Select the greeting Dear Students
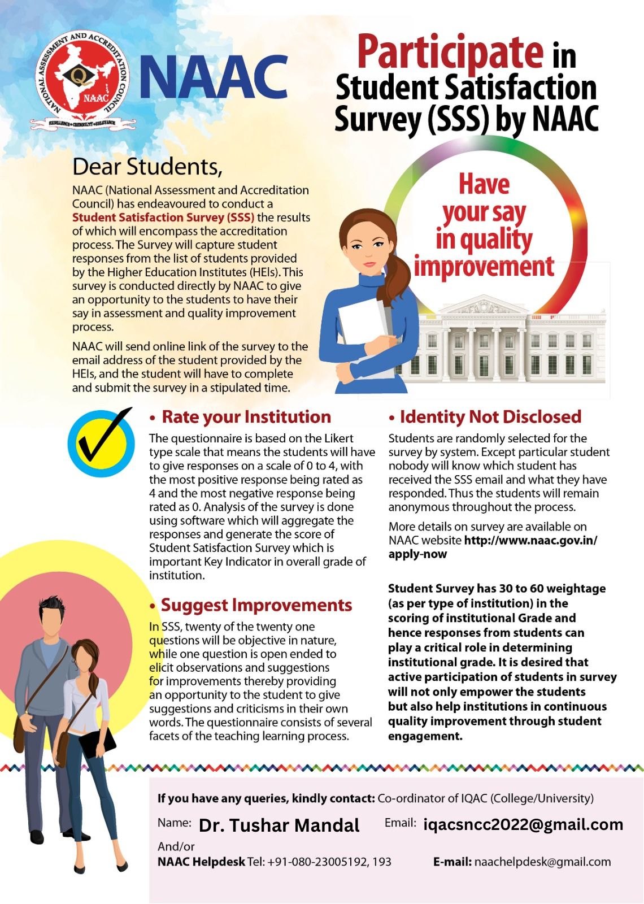pos(147,167)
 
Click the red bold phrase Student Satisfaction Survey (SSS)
pos(163,218)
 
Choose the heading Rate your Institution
pos(246,417)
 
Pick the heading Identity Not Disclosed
pos(490,417)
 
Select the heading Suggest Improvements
pos(256,605)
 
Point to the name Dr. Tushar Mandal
pos(279,825)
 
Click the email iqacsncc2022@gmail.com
pos(523,824)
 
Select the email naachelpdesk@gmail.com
pos(542,862)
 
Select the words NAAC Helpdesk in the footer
pos(201,862)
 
